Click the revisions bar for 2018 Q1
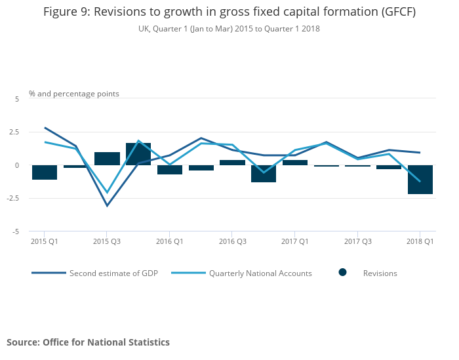point(420,180)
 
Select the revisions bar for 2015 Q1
point(45,172)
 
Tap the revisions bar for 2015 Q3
point(107,159)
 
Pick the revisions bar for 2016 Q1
point(170,170)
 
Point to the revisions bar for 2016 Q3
point(232,163)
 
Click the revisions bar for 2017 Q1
point(295,163)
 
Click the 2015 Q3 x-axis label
point(107,241)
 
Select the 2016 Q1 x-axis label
point(170,241)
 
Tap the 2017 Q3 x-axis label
point(357,241)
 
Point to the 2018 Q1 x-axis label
point(420,241)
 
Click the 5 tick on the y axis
point(18,98)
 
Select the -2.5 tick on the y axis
point(14,199)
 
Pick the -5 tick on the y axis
point(16,231)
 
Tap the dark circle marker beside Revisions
point(342,272)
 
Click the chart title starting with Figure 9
point(229,12)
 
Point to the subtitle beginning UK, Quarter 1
point(229,29)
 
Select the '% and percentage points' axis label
point(74,94)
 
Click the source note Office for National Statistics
point(88,342)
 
